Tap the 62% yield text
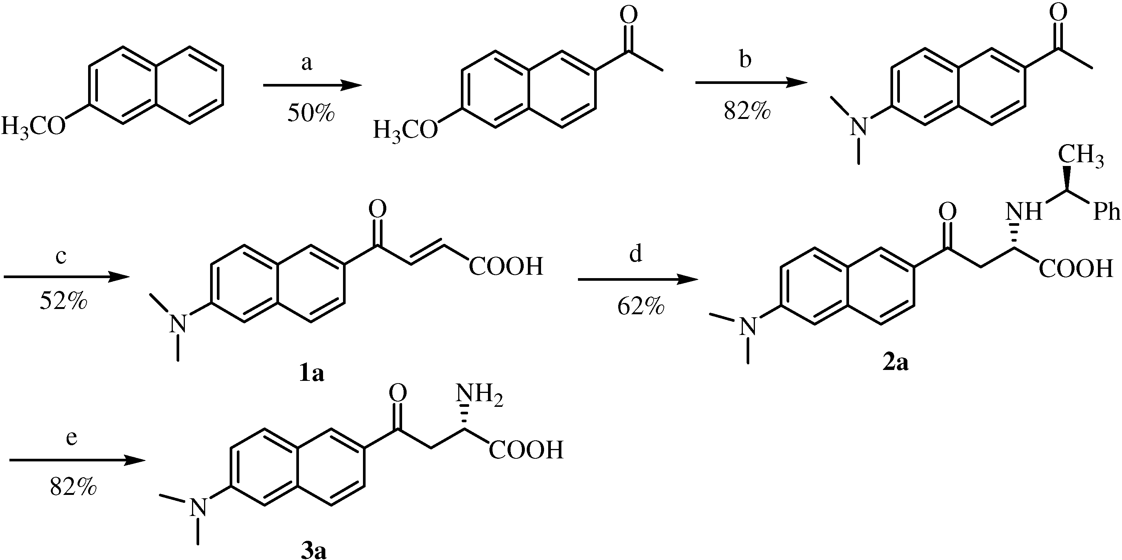[x=640, y=307]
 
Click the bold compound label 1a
[x=312, y=373]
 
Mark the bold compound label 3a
[x=314, y=551]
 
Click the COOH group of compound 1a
[x=506, y=266]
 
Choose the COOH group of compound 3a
[x=526, y=450]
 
